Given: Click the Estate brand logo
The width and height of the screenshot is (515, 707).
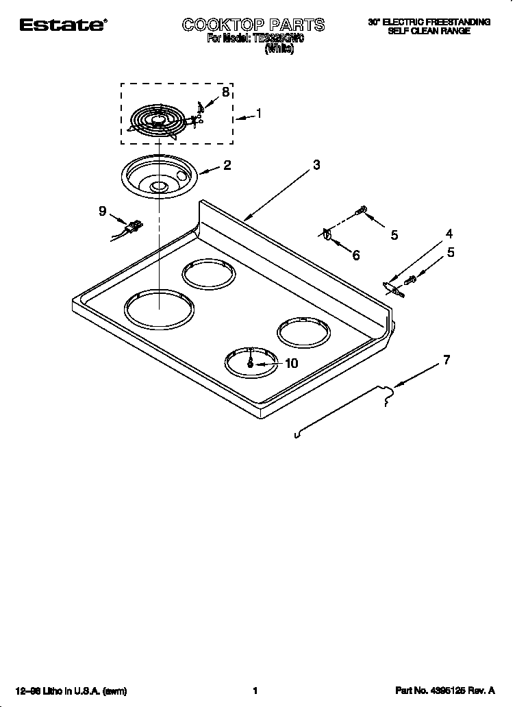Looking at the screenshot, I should click(x=62, y=25).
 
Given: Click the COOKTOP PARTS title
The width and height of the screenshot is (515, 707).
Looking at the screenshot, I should click(x=253, y=25).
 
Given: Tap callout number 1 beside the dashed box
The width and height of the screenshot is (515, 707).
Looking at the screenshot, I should click(x=258, y=114).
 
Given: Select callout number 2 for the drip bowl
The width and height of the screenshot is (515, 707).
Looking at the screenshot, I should click(x=227, y=165).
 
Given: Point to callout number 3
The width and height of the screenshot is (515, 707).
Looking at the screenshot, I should click(x=316, y=164).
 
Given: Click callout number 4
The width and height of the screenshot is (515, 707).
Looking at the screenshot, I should click(x=449, y=234).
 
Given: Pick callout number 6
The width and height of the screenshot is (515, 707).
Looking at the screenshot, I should click(x=356, y=256).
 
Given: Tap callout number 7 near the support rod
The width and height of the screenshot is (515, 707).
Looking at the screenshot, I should click(x=447, y=359).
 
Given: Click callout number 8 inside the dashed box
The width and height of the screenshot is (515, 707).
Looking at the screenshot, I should click(x=225, y=92).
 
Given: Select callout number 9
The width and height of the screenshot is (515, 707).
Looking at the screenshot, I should click(x=102, y=211).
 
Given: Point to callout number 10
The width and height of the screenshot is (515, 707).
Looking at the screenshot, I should click(x=291, y=363).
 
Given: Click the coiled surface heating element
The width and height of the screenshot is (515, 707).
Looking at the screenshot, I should click(x=160, y=121).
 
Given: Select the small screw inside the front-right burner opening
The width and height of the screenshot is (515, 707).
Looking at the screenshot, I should click(x=250, y=364).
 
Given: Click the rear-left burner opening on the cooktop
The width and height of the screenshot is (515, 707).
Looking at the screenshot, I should click(x=209, y=276).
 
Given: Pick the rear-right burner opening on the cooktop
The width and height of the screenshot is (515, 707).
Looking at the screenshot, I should click(x=303, y=332).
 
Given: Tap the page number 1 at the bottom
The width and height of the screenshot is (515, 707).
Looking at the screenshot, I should click(x=255, y=691).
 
